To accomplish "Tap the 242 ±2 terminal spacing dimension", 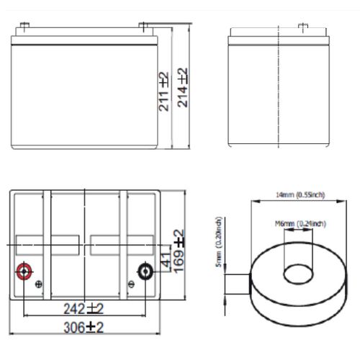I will click(86, 309).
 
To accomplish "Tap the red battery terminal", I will click(24, 271).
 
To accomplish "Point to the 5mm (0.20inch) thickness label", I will click(218, 244).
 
